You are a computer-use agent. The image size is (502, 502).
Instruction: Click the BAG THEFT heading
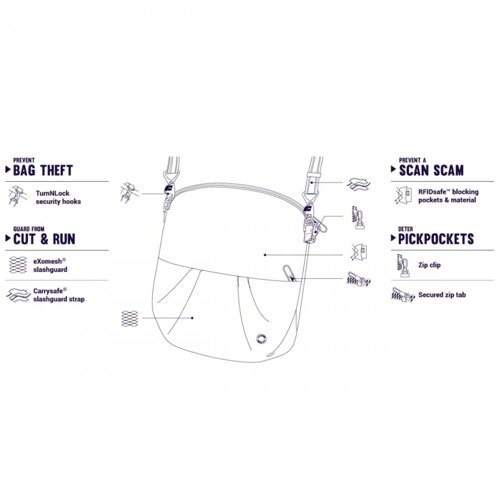click(43, 170)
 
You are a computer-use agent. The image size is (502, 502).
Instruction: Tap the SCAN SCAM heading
click(431, 170)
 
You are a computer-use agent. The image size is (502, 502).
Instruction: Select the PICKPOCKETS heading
click(436, 239)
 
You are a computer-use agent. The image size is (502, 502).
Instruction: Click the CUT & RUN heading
click(44, 239)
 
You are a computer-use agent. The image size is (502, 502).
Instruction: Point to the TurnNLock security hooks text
click(58, 197)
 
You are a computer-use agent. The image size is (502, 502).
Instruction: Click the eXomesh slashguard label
click(50, 266)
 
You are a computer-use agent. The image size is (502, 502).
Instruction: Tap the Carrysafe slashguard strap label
click(59, 295)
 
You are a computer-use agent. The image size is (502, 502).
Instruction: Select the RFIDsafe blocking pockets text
click(448, 196)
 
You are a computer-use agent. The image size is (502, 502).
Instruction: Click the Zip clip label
click(429, 265)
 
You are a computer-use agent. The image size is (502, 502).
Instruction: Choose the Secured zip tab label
click(442, 295)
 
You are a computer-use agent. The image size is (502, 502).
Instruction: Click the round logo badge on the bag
click(262, 339)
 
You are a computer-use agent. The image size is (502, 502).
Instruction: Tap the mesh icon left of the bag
click(130, 319)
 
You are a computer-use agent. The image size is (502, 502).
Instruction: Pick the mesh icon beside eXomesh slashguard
click(18, 265)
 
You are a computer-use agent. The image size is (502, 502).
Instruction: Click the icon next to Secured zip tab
click(403, 294)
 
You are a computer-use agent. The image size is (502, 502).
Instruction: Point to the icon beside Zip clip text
click(403, 266)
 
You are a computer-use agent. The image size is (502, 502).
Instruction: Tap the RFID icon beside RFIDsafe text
click(404, 195)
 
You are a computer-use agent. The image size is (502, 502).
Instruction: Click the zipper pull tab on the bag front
click(289, 273)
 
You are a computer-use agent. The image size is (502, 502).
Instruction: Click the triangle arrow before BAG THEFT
click(9, 170)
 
